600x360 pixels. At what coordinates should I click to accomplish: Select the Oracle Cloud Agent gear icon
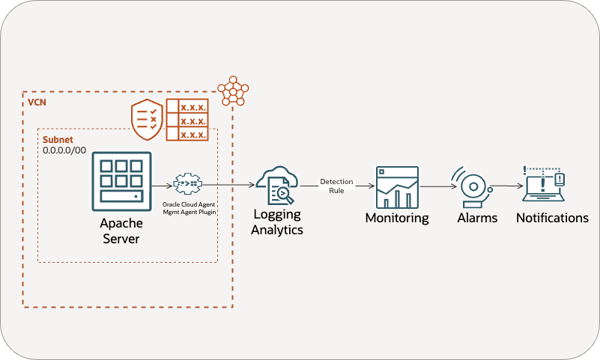click(x=187, y=184)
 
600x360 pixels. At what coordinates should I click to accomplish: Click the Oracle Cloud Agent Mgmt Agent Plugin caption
click(x=189, y=207)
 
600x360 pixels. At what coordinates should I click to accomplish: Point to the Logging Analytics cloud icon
click(x=276, y=184)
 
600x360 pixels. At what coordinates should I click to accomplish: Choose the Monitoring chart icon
click(x=396, y=186)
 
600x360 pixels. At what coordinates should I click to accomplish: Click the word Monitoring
click(x=396, y=219)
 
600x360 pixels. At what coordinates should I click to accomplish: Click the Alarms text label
click(x=477, y=219)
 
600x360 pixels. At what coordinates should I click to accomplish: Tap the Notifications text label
click(x=552, y=219)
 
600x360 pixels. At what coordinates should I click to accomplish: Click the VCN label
click(x=35, y=101)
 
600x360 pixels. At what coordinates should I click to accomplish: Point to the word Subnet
click(x=58, y=139)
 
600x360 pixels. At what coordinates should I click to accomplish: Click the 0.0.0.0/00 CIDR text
click(x=64, y=150)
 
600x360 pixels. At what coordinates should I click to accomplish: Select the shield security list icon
click(x=147, y=118)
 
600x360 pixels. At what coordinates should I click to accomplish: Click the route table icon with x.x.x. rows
click(x=187, y=118)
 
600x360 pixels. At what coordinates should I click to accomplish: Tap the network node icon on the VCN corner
click(x=232, y=90)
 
